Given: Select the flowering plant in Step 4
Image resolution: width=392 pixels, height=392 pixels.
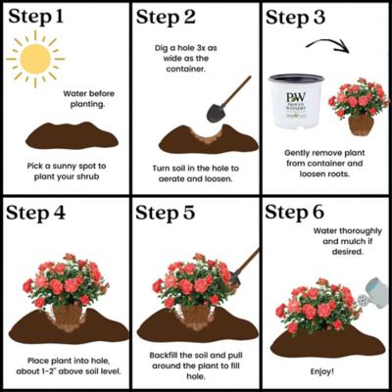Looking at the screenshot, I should tap(65, 284).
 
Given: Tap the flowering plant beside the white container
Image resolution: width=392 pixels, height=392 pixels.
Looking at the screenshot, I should tap(359, 103).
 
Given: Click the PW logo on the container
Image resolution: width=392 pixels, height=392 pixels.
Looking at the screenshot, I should tap(295, 99).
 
